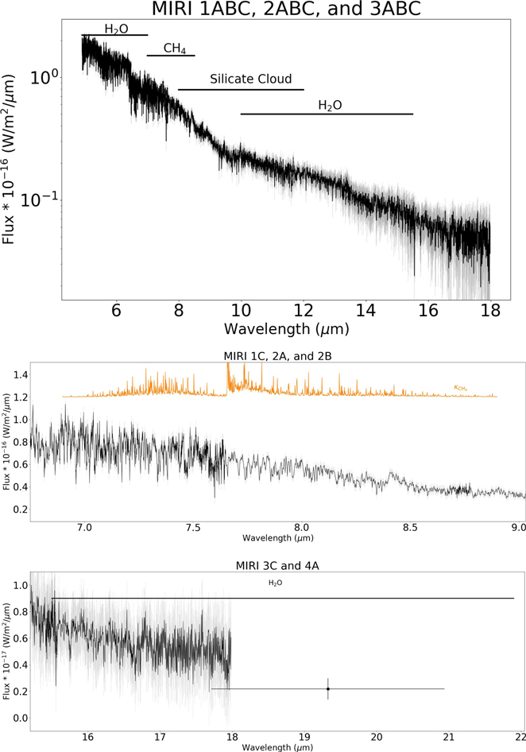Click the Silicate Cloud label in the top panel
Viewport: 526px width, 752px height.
click(250, 79)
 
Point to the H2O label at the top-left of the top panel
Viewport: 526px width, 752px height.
click(116, 29)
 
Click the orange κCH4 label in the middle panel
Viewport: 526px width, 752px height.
click(460, 388)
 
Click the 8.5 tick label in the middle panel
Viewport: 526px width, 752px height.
click(410, 528)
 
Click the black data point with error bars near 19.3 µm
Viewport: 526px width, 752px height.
click(327, 688)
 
